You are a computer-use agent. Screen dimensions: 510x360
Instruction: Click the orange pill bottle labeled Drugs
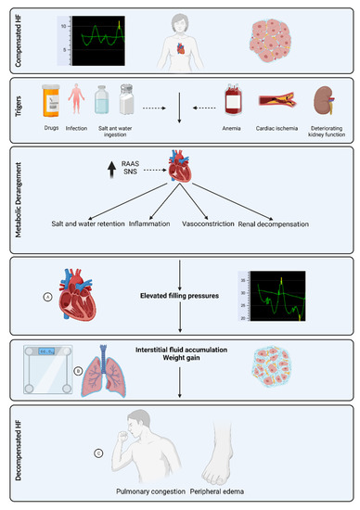tap(53, 100)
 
